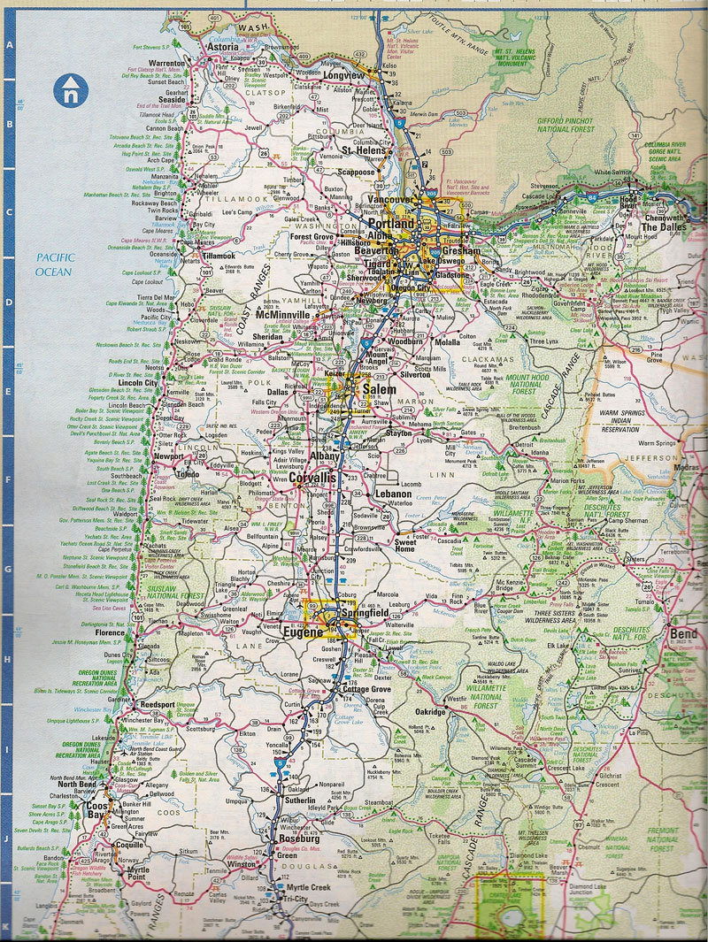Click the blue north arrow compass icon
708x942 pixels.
click(x=69, y=89)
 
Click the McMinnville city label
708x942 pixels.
click(x=282, y=316)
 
